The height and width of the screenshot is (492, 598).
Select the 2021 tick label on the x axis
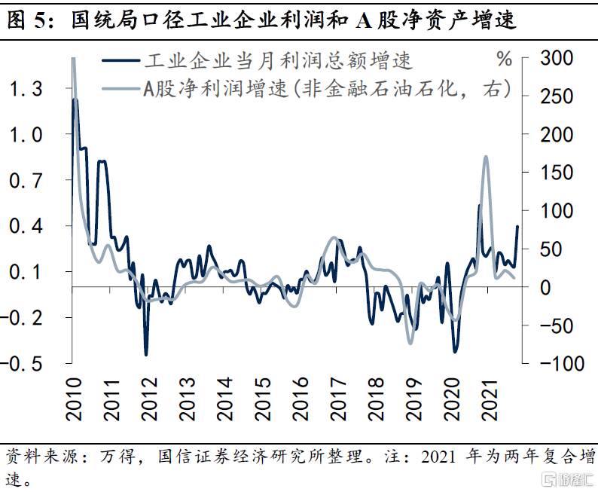click(x=490, y=396)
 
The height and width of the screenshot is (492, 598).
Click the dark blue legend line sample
click(x=118, y=60)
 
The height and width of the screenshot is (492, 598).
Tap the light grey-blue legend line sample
click(x=118, y=89)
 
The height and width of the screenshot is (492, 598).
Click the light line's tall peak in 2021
click(x=486, y=157)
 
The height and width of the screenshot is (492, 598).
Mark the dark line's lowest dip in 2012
click(x=146, y=354)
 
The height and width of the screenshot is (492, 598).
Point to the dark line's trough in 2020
click(x=455, y=351)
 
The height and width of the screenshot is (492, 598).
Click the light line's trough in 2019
click(x=410, y=342)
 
